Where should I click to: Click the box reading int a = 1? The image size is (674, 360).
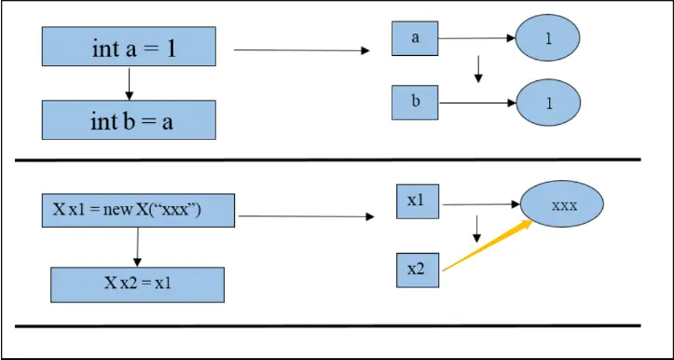129,48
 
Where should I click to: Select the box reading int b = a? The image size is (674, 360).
129,120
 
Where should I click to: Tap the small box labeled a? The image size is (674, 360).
415,39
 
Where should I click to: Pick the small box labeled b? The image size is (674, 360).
415,102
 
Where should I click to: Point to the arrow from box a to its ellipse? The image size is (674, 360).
475,39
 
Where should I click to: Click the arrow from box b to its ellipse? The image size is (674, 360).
475,102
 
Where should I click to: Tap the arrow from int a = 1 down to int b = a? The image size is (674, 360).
129,85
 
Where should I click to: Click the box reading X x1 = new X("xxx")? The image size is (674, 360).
137,210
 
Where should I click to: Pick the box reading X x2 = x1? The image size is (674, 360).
137,283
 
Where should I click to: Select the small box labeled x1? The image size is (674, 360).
416,201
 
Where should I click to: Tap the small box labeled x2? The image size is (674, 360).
416,269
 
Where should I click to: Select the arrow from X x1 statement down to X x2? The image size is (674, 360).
137,247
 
